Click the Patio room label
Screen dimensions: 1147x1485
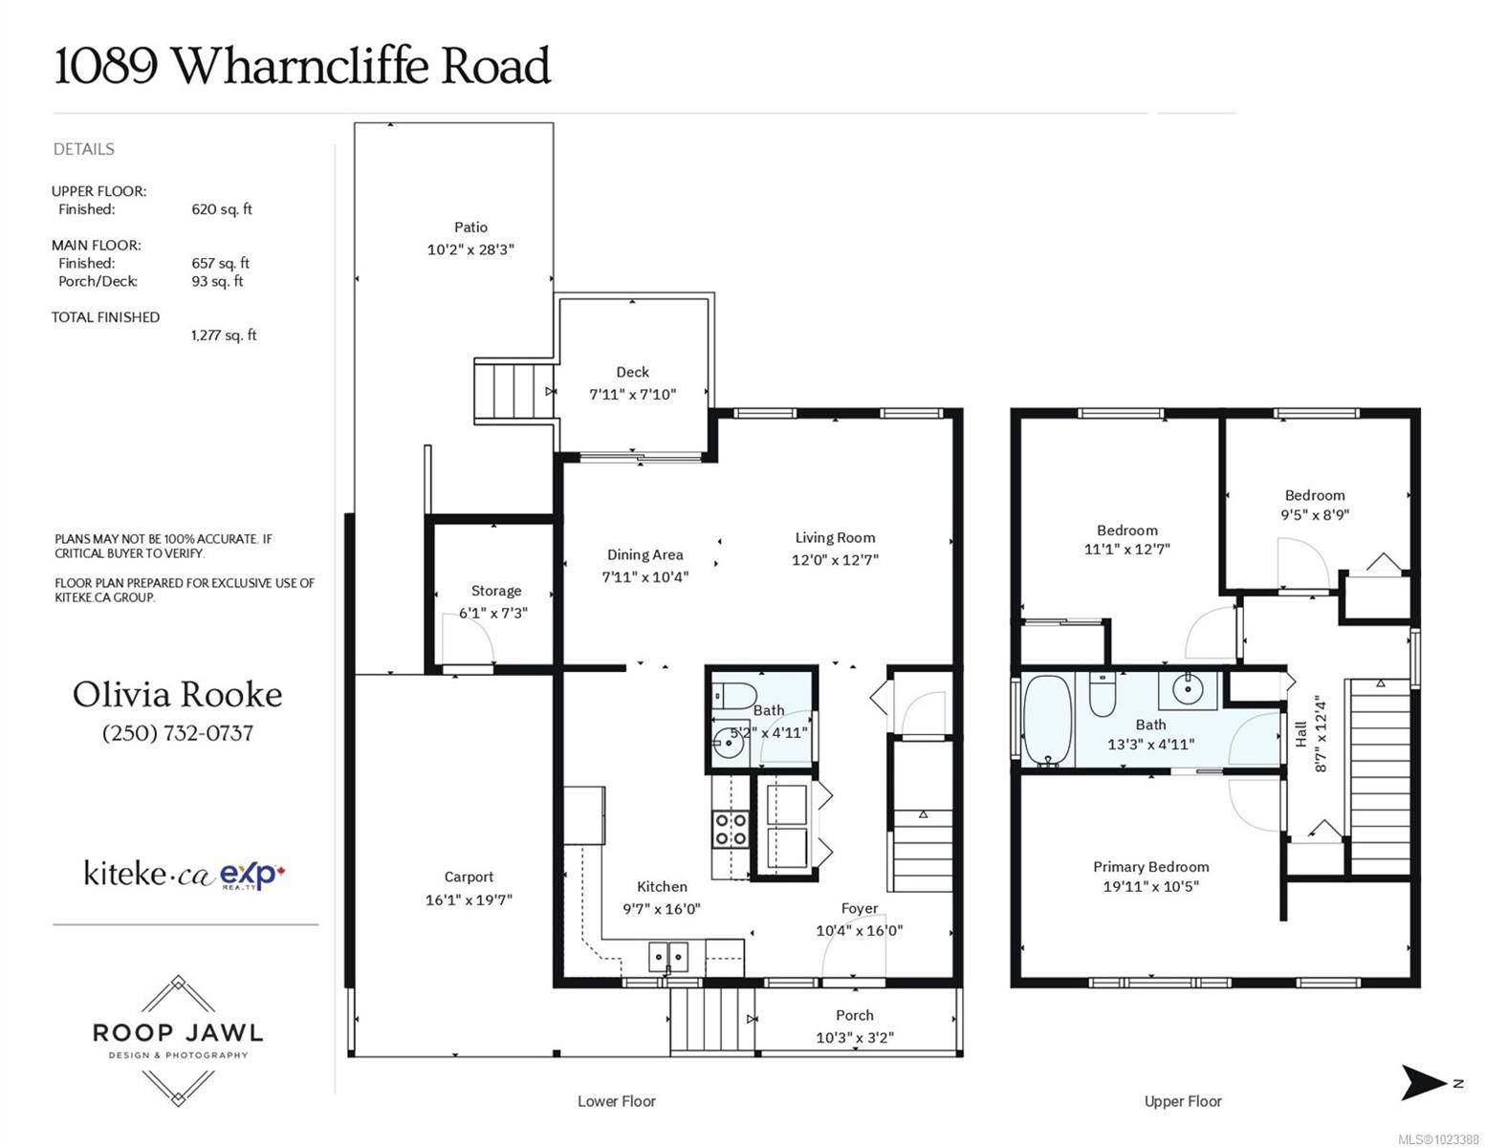click(x=470, y=227)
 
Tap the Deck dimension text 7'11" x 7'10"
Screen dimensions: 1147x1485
click(x=632, y=394)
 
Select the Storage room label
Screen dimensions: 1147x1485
click(x=495, y=591)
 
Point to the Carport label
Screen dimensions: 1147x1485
click(x=469, y=876)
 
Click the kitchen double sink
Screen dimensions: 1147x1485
click(x=667, y=955)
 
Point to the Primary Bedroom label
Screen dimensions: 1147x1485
click(x=1150, y=867)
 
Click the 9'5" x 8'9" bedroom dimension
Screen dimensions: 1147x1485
click(x=1315, y=514)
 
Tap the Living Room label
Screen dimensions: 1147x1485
click(x=835, y=537)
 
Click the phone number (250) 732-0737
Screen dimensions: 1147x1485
click(x=178, y=733)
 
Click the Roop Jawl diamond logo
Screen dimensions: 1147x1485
click(x=178, y=1040)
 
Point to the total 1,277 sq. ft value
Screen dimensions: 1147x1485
click(x=224, y=335)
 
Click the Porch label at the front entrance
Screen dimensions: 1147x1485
click(x=854, y=1015)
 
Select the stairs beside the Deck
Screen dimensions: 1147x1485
click(x=514, y=391)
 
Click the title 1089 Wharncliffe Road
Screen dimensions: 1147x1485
click(x=302, y=67)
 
